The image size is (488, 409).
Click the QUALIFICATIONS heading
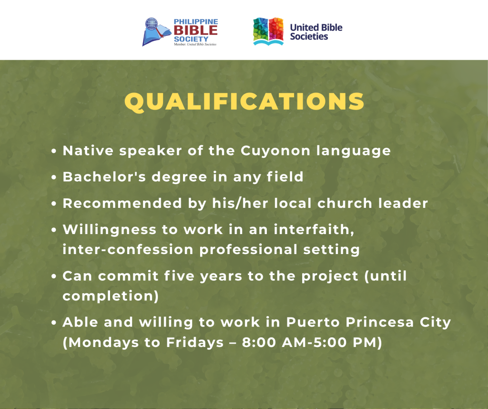tap(244, 102)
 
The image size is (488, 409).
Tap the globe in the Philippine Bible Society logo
tap(152, 24)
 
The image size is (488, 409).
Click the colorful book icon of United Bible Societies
tap(268, 31)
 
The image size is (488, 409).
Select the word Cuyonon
tap(275, 151)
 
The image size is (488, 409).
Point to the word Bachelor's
tap(104, 177)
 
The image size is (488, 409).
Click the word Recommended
tap(122, 203)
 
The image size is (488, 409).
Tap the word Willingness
tap(110, 230)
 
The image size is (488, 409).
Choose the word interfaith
tap(314, 230)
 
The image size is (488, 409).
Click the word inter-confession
tap(128, 250)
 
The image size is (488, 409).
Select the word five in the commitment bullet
tap(179, 276)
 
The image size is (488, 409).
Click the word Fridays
tap(195, 343)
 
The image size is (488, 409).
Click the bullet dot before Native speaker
tap(54, 151)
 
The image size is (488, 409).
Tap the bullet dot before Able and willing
tap(54, 323)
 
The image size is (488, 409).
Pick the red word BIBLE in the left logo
tap(196, 31)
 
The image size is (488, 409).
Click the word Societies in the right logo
tap(309, 36)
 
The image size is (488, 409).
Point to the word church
tap(345, 203)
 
